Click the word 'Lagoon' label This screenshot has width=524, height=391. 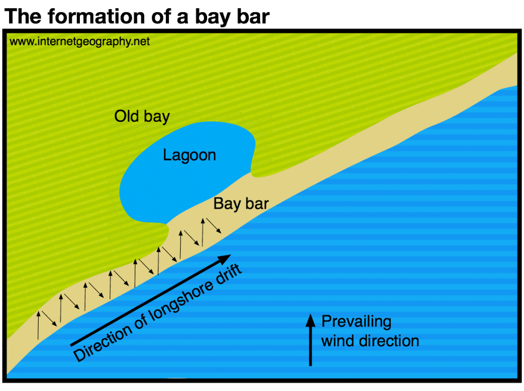click(189, 155)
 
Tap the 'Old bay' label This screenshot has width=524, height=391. click(141, 117)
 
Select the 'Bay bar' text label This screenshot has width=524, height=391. click(241, 204)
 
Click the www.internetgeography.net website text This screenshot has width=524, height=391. click(80, 42)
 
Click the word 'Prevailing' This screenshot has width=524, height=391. click(356, 322)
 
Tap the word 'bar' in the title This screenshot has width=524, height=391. click(250, 16)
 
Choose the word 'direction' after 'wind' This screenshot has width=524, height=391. click(389, 341)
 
